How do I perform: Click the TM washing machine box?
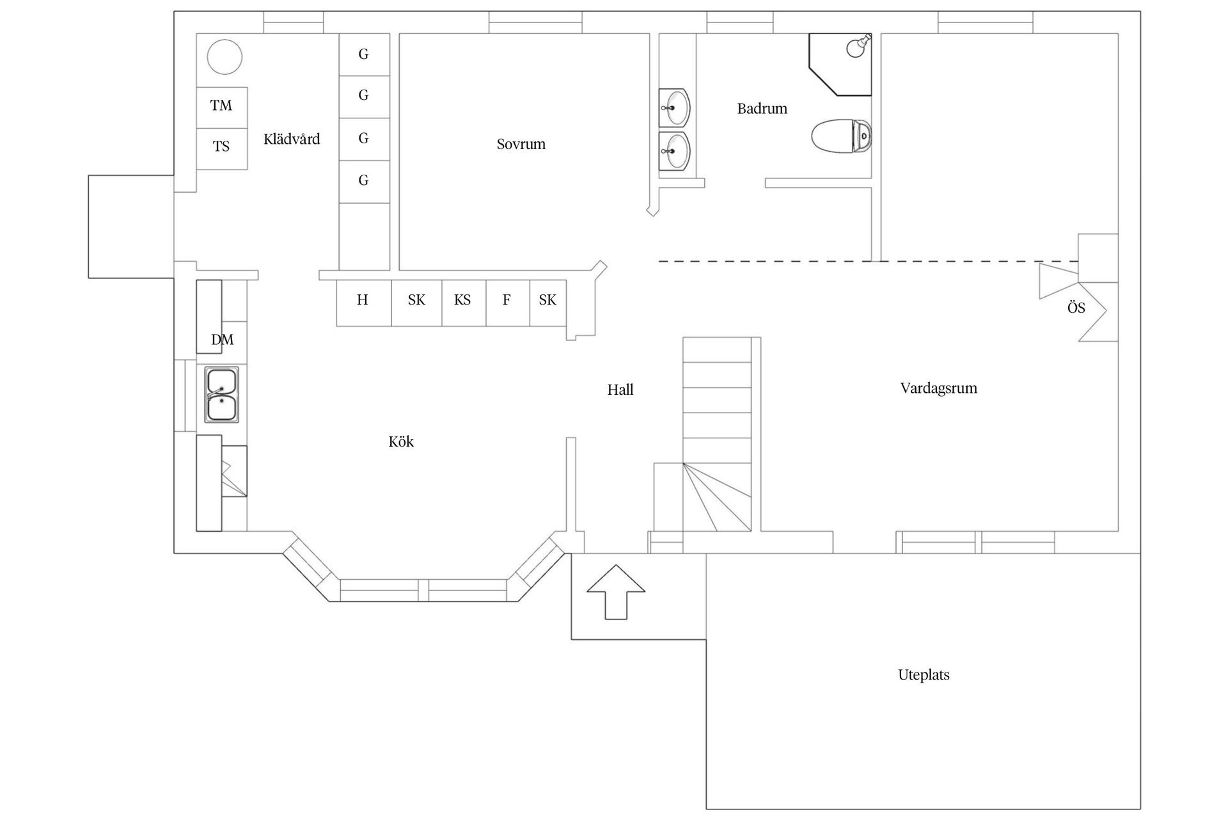point(221,107)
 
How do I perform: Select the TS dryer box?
point(221,149)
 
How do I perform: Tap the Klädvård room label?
point(292,139)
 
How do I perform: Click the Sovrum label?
point(521,144)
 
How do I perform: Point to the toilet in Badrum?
point(842,136)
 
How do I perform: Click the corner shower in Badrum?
point(840,65)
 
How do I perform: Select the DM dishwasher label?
point(223,340)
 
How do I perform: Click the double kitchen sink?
point(221,395)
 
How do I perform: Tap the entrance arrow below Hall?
point(616,592)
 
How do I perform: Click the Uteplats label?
point(924,675)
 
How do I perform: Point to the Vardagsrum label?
point(939,388)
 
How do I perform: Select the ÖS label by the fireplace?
point(1076,308)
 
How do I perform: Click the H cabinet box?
point(363,303)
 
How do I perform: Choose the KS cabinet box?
point(464,303)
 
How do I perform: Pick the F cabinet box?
point(508,303)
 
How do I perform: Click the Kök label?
point(401,441)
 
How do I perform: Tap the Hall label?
point(620,390)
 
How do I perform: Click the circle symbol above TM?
point(224,57)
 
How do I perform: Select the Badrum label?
point(762,109)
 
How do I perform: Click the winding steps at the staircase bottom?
point(717,497)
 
